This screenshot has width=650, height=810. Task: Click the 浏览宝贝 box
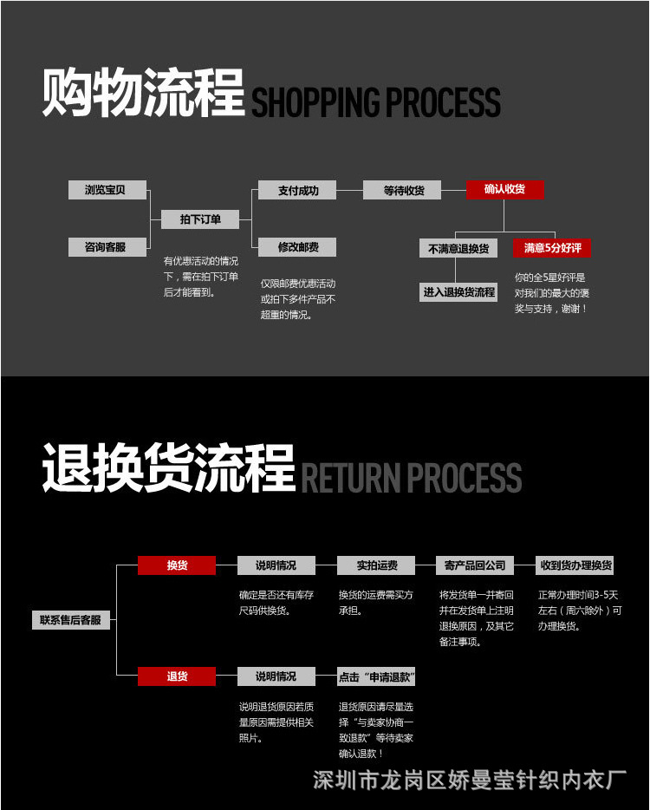[107, 190]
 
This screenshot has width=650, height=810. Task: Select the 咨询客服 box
[107, 247]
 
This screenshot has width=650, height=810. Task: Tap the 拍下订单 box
[200, 219]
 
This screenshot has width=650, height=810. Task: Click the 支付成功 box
[297, 190]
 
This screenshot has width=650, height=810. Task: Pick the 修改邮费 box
[297, 247]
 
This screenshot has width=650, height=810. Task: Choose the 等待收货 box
[402, 190]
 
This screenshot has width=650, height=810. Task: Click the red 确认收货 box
[505, 190]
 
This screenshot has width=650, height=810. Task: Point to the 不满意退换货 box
[458, 249]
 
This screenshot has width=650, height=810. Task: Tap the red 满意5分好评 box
[552, 248]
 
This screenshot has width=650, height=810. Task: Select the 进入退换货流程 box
[458, 292]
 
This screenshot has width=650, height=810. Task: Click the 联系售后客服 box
[71, 620]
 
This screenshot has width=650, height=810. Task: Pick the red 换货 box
[177, 565]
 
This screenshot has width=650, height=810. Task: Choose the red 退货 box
[177, 676]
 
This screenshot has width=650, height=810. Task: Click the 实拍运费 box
[376, 565]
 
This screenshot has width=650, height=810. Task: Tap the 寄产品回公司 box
[475, 565]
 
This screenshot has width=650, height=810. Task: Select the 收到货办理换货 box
[575, 565]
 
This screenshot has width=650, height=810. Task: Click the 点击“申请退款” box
[376, 676]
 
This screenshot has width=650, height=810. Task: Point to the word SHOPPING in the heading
[315, 101]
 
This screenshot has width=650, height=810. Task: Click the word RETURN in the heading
[351, 478]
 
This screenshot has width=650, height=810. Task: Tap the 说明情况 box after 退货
[276, 676]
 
